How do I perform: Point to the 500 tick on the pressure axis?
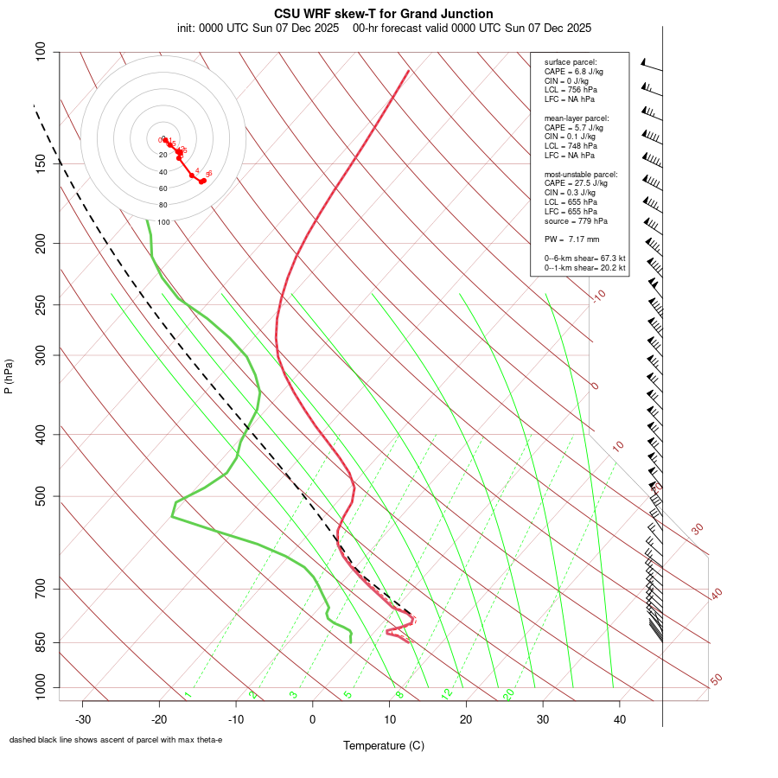[x=41, y=496]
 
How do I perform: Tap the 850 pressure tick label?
[x=41, y=642]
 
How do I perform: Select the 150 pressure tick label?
[x=41, y=163]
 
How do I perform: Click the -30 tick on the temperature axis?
[x=83, y=719]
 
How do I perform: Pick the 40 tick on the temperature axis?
[x=619, y=719]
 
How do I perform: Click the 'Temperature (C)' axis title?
[x=384, y=745]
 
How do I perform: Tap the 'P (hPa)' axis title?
[x=9, y=376]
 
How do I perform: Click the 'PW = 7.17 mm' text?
[x=571, y=239]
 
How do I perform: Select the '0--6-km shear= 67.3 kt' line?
[x=584, y=258]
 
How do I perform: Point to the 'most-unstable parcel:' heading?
[x=581, y=174]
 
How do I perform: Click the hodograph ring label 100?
[x=163, y=222]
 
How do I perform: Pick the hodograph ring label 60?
[x=163, y=188]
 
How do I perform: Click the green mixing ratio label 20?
[x=509, y=693]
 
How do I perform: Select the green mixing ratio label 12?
[x=447, y=693]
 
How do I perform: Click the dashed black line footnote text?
[x=116, y=740]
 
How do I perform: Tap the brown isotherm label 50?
[x=716, y=680]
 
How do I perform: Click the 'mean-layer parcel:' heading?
[x=577, y=118]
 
